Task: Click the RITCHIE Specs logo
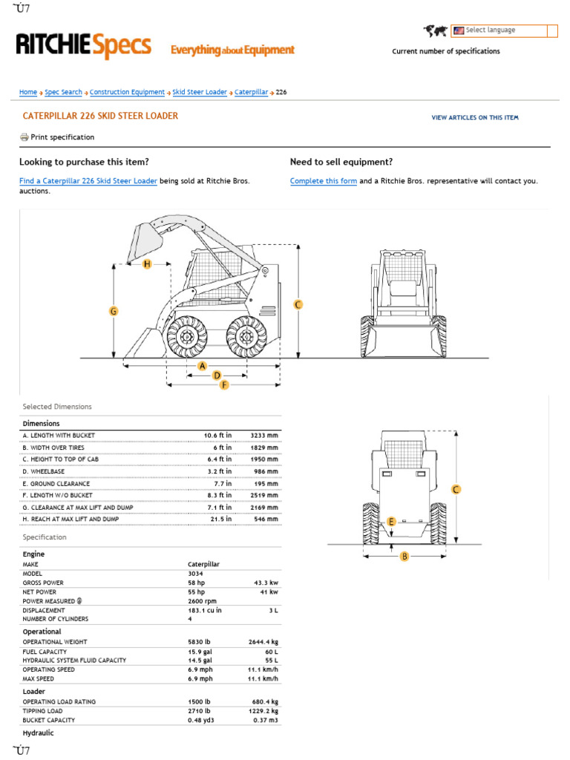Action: click(x=83, y=47)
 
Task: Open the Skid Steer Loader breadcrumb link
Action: click(x=200, y=92)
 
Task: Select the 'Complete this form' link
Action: click(x=324, y=181)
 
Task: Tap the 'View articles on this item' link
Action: click(x=475, y=117)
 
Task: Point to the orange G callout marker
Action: click(x=114, y=312)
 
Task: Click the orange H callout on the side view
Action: click(x=147, y=264)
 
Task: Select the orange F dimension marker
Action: click(x=224, y=385)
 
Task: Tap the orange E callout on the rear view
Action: click(x=392, y=522)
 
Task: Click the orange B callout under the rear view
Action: click(x=404, y=556)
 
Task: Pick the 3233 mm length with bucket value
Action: click(x=264, y=435)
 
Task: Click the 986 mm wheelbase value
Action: click(x=266, y=471)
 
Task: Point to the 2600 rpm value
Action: click(x=202, y=600)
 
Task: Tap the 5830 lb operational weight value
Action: click(x=200, y=642)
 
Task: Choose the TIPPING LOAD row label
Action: click(x=44, y=711)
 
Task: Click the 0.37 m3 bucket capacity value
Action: click(x=265, y=720)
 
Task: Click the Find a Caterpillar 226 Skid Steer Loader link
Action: click(x=88, y=181)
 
